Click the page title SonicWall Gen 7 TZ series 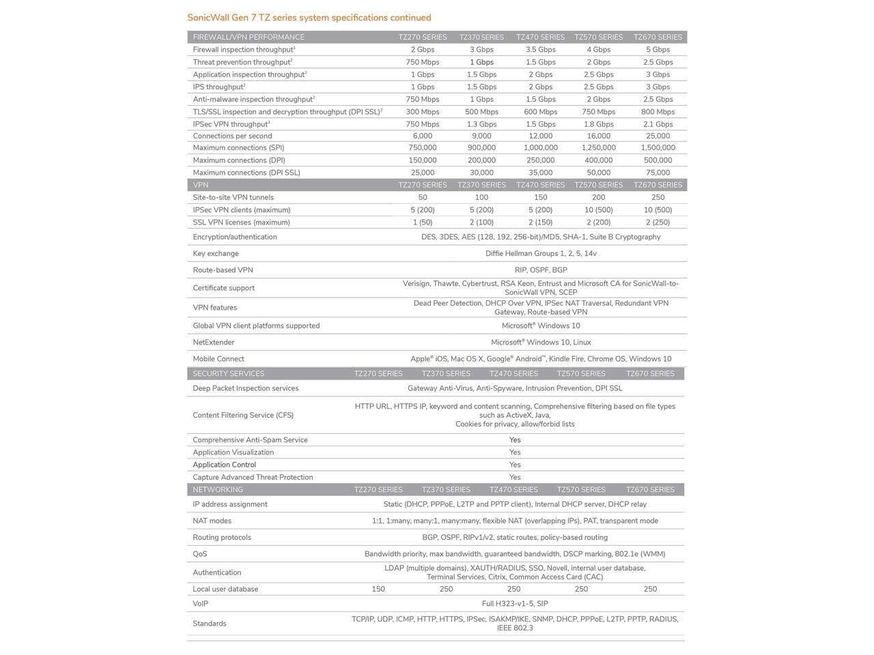tap(309, 18)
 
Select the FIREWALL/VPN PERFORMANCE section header tap(249, 37)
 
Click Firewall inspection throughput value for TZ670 tap(658, 50)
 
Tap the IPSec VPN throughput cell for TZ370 tap(481, 124)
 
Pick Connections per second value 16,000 tap(598, 136)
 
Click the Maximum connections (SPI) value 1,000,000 tap(540, 147)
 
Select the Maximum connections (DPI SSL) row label tap(246, 173)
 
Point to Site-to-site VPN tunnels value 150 tap(540, 197)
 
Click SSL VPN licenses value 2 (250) tap(658, 222)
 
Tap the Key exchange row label tap(216, 254)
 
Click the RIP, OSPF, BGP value tap(540, 270)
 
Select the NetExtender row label tap(213, 343)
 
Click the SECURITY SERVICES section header tap(228, 374)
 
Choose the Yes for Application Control tap(515, 465)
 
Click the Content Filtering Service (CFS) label tap(242, 415)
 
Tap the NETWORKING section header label tap(217, 490)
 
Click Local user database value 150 tap(378, 589)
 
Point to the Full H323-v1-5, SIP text tap(514, 604)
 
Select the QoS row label tap(199, 554)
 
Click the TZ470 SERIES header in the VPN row tap(540, 185)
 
